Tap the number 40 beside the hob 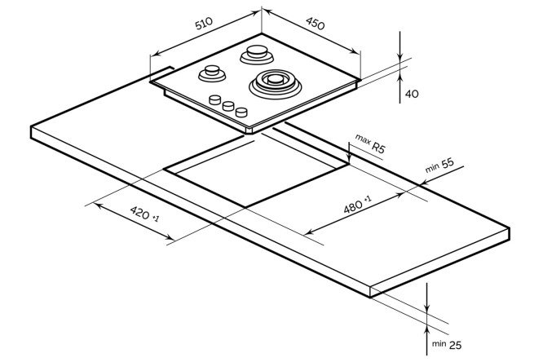click(x=412, y=95)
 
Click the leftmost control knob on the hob click(x=216, y=100)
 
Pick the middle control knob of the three click(x=229, y=106)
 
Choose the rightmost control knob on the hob click(x=241, y=113)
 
